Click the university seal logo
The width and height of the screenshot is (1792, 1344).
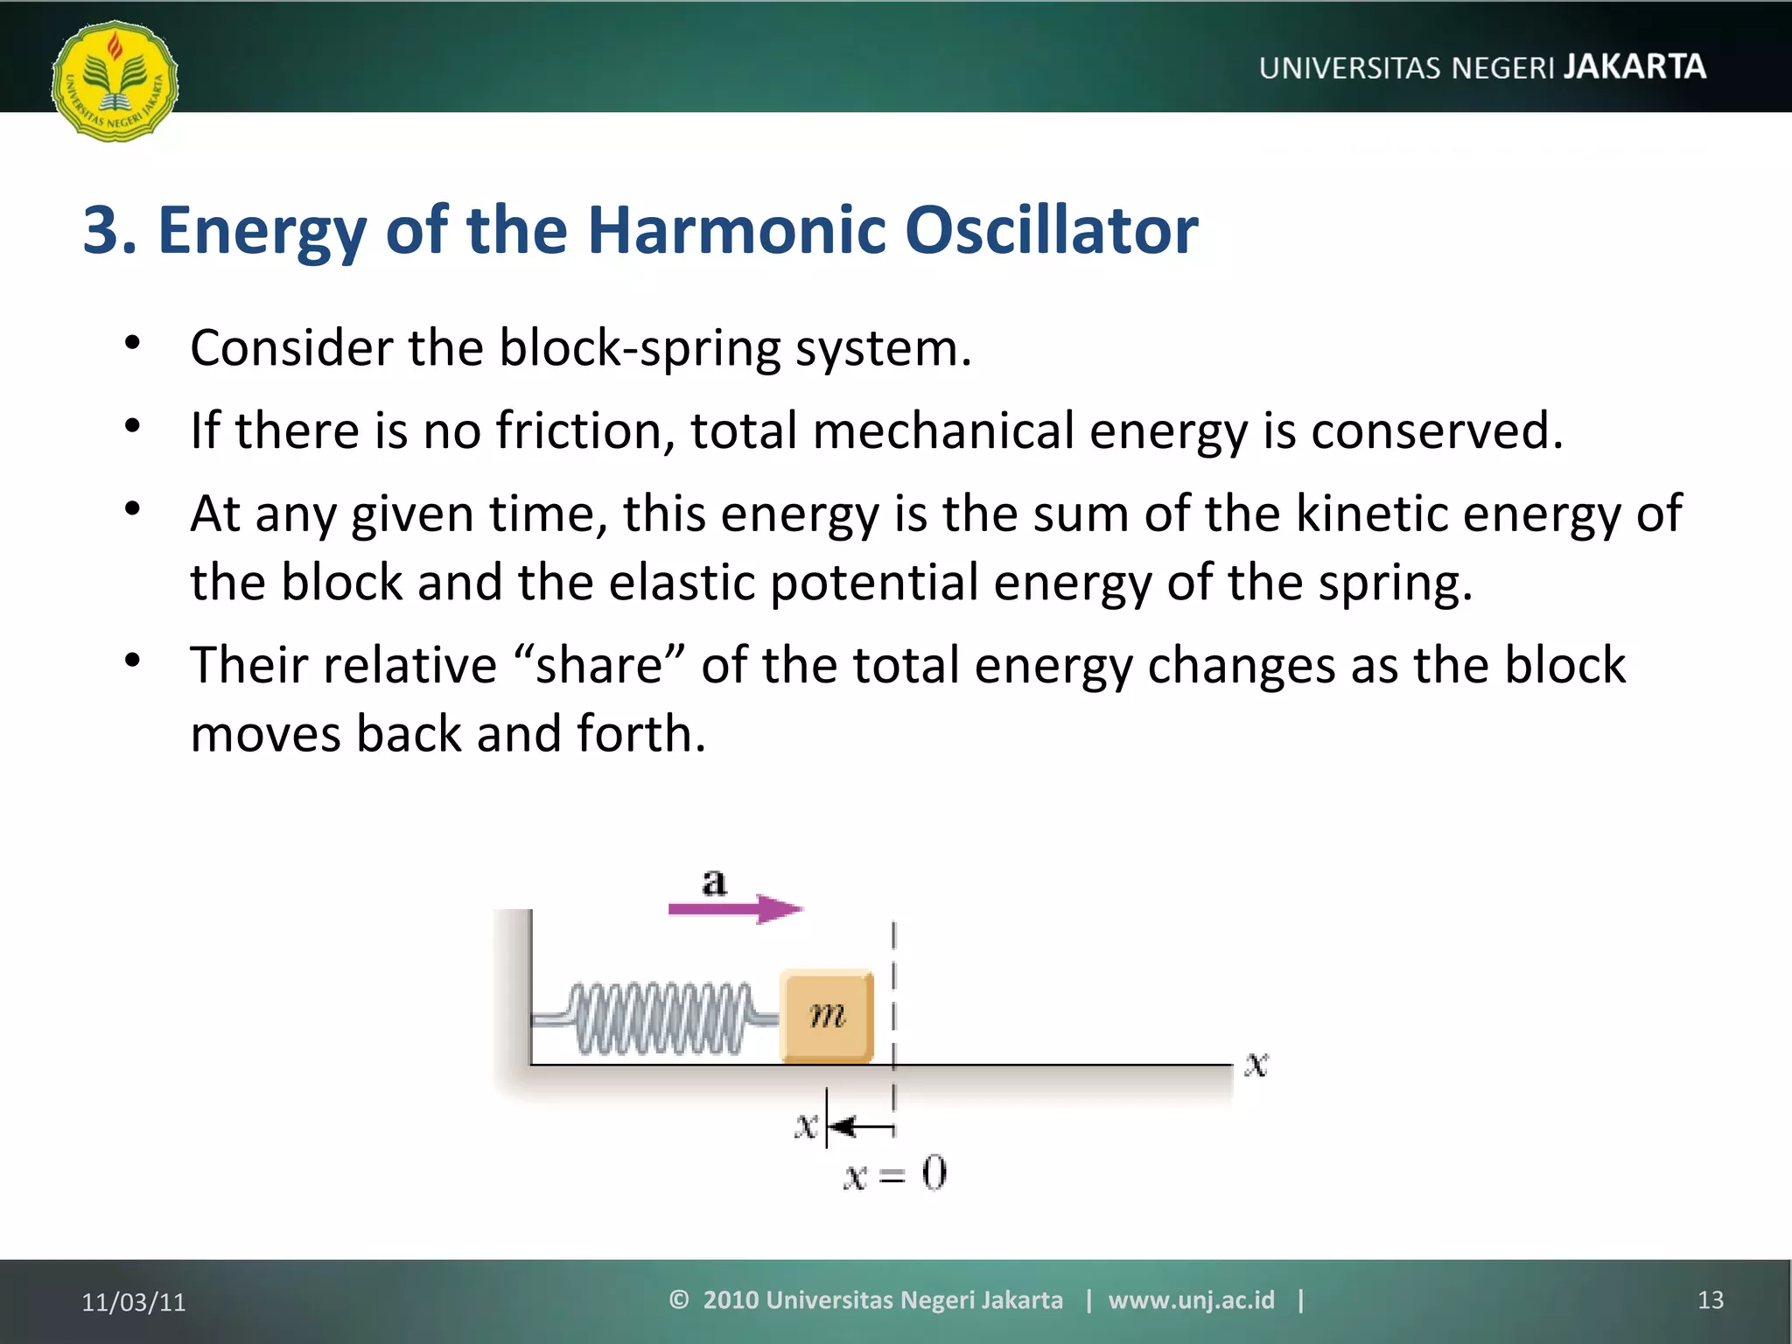tap(115, 81)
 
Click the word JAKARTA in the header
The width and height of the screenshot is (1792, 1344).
tap(1634, 66)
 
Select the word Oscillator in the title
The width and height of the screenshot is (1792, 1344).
tap(1050, 230)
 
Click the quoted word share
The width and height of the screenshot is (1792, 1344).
tap(600, 665)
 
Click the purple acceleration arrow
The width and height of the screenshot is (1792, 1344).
tap(735, 909)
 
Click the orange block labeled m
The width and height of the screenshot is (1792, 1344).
tap(827, 1015)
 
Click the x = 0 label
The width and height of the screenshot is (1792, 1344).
tap(894, 1173)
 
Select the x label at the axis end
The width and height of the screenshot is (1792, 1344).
tap(1256, 1064)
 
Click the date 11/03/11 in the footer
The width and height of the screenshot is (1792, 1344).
tap(134, 1302)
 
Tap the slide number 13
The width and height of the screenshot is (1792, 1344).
tap(1710, 1300)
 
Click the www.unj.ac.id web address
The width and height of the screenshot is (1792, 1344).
tap(1191, 1300)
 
